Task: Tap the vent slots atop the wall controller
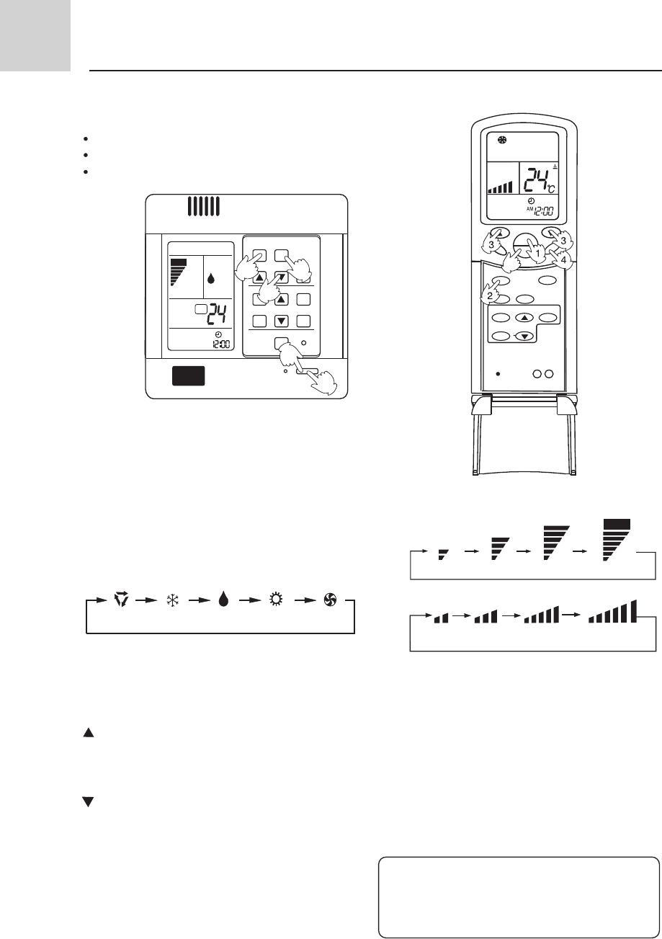pos(204,207)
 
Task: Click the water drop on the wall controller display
pos(211,278)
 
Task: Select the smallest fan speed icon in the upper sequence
pos(443,553)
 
